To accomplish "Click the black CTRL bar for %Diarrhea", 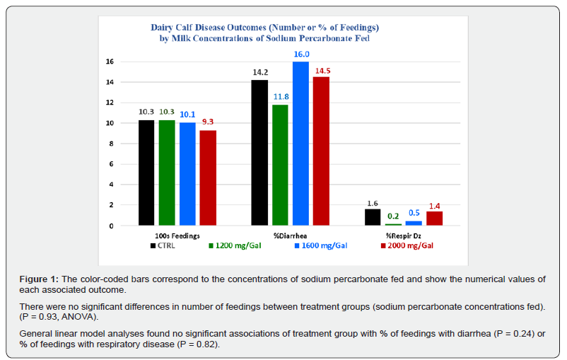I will pos(259,153).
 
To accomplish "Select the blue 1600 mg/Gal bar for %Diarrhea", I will pos(300,144).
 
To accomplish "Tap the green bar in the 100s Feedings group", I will pos(167,173).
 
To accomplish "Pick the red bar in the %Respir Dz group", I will pos(434,219).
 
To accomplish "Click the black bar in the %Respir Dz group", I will pos(373,217).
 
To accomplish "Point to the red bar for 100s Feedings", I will pos(208,178).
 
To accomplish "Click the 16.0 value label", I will pos(301,54).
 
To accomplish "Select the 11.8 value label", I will pos(281,97).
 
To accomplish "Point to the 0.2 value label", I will pos(393,216).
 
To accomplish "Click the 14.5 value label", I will pos(321,69).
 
